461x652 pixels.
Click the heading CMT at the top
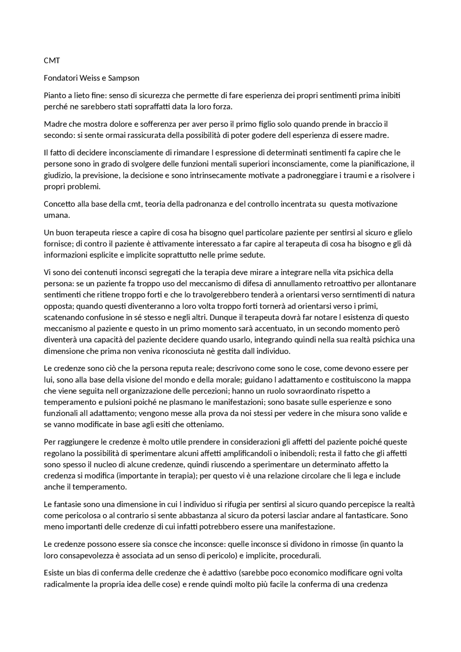[x=52, y=60]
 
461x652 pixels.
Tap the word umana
[x=56, y=215]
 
